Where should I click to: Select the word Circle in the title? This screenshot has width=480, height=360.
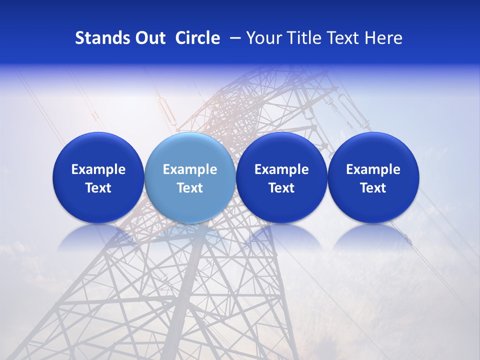click(x=197, y=38)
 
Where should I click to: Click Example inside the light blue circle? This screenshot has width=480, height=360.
click(x=190, y=169)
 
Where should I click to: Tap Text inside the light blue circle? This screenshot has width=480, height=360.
click(x=190, y=188)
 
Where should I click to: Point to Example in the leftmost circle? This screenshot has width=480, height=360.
click(x=98, y=169)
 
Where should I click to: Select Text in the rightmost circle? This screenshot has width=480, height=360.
click(x=373, y=188)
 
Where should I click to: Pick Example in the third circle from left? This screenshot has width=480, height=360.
click(x=281, y=169)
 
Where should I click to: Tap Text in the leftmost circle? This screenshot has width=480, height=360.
click(x=98, y=188)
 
